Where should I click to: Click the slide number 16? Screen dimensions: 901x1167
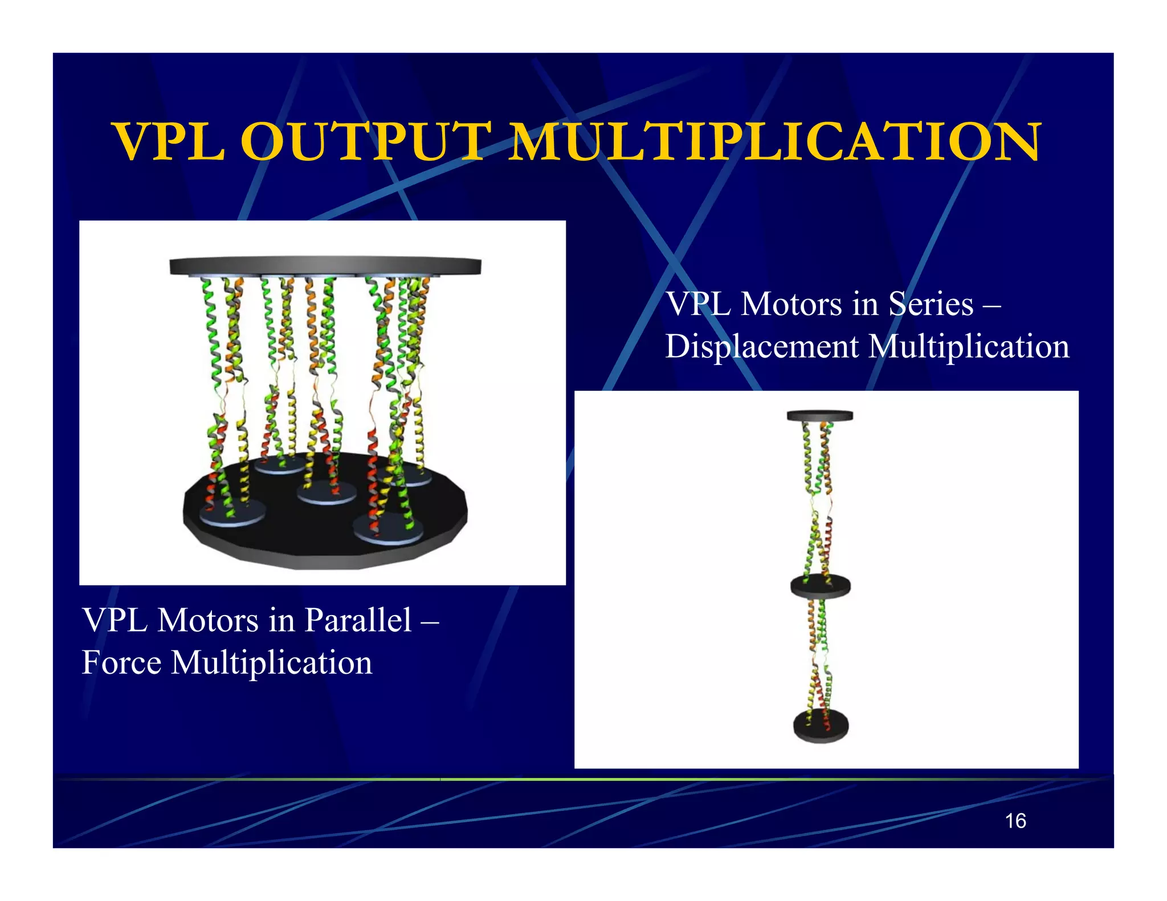click(1015, 821)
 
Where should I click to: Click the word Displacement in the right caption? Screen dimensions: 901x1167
click(762, 346)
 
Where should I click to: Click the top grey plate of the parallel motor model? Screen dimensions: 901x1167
click(325, 266)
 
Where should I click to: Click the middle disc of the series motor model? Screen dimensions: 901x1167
click(820, 586)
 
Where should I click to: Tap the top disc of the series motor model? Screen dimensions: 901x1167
click(820, 416)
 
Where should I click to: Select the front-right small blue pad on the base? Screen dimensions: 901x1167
click(388, 530)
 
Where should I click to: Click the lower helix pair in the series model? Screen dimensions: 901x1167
click(818, 655)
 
